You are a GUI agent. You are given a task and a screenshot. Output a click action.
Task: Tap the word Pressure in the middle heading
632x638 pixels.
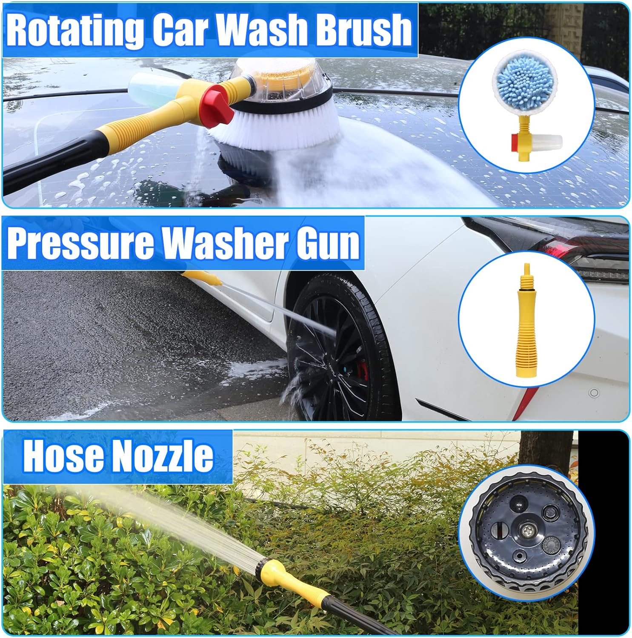(80, 243)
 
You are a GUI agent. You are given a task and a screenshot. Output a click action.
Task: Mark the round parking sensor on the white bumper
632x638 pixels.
(594, 392)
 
